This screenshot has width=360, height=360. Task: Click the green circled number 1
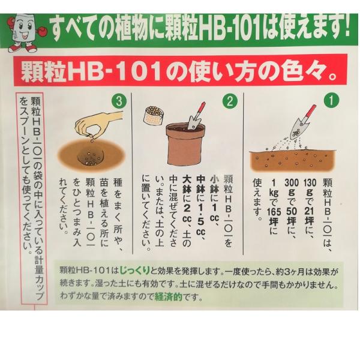[331, 100]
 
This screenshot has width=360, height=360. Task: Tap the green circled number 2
[230, 101]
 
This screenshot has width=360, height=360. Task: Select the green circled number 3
[119, 101]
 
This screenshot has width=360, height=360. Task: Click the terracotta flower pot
[185, 144]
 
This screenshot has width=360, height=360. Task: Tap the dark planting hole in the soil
[91, 157]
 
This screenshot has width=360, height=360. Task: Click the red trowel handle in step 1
[310, 113]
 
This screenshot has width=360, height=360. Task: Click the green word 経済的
[169, 297]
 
